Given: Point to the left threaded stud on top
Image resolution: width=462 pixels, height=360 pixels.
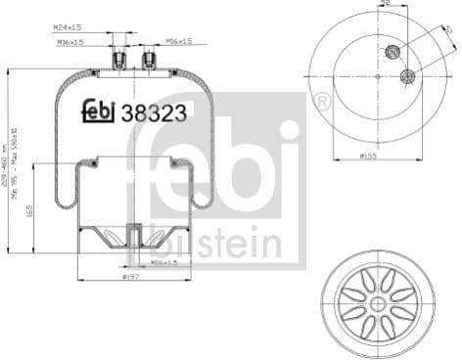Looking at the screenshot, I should [x=121, y=61].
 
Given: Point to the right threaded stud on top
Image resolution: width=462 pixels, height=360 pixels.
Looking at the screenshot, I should [x=150, y=61].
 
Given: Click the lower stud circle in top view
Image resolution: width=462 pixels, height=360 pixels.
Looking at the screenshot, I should [x=408, y=75].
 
